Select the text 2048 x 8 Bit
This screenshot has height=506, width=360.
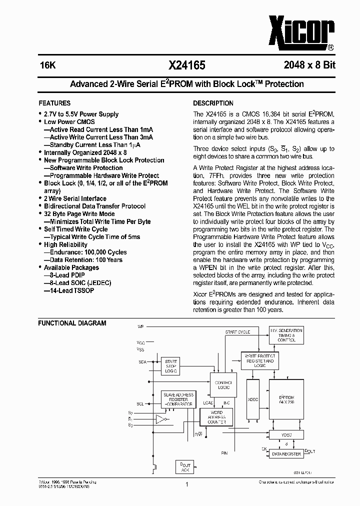pyautogui.click(x=309, y=65)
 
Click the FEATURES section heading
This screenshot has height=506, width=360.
pyautogui.click(x=54, y=103)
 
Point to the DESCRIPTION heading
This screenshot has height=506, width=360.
pyautogui.click(x=213, y=103)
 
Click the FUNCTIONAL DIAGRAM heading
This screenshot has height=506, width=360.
pyautogui.click(x=72, y=323)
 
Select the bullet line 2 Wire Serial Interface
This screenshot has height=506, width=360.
pyautogui.click(x=75, y=198)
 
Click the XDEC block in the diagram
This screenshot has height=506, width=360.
pyautogui.click(x=253, y=399)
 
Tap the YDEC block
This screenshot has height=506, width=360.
pyautogui.click(x=286, y=435)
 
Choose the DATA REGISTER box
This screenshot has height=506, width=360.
pyautogui.click(x=286, y=453)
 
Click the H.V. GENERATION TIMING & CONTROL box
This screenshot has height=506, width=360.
pyautogui.click(x=286, y=335)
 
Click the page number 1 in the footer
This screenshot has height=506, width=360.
pyautogui.click(x=186, y=484)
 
